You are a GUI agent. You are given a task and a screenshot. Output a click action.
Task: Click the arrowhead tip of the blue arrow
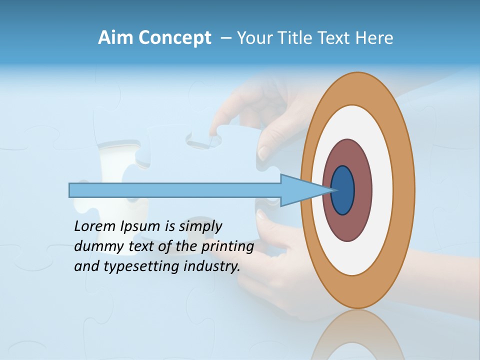coord(332,190)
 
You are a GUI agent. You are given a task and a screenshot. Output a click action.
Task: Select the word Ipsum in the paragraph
coord(140,227)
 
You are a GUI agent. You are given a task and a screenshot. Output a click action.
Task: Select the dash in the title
coord(225,38)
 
